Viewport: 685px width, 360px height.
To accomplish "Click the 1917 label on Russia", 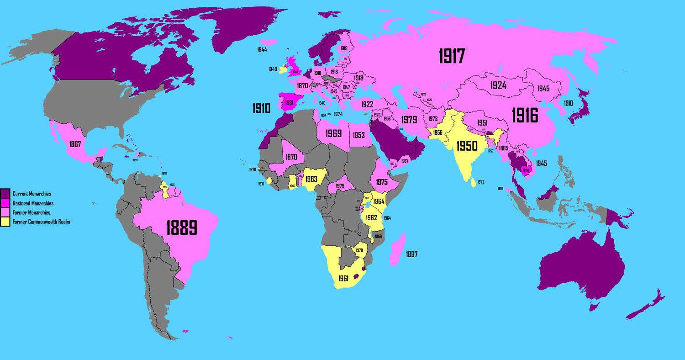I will tap(452, 56).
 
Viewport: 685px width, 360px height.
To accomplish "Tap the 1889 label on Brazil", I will tap(181, 227).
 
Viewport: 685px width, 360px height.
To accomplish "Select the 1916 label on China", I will tap(525, 116).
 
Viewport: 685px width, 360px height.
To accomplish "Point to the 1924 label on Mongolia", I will tap(498, 85).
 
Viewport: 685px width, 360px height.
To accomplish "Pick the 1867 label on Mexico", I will tap(75, 144).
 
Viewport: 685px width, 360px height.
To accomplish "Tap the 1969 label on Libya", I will tap(334, 134).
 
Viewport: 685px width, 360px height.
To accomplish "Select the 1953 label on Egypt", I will tap(359, 135).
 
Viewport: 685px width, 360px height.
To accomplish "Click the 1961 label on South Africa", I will tap(343, 278).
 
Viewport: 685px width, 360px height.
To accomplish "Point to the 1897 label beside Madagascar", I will tap(411, 254).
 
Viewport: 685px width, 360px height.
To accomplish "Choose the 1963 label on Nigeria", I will tap(311, 179).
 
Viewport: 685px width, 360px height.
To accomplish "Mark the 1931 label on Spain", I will tap(289, 103).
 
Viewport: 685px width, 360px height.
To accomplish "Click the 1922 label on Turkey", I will tap(367, 105).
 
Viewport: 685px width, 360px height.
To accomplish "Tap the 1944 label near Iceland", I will tap(262, 49).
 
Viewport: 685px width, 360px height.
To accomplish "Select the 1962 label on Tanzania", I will tap(371, 217).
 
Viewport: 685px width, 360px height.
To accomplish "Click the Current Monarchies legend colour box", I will tap(5, 194).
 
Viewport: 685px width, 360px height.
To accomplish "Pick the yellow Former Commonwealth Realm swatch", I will tap(5, 222).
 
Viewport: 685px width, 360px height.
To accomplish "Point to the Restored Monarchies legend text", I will tap(33, 203).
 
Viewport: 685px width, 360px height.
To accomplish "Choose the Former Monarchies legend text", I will tap(32, 212).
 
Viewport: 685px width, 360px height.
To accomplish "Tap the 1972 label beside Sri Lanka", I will tap(480, 182).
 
